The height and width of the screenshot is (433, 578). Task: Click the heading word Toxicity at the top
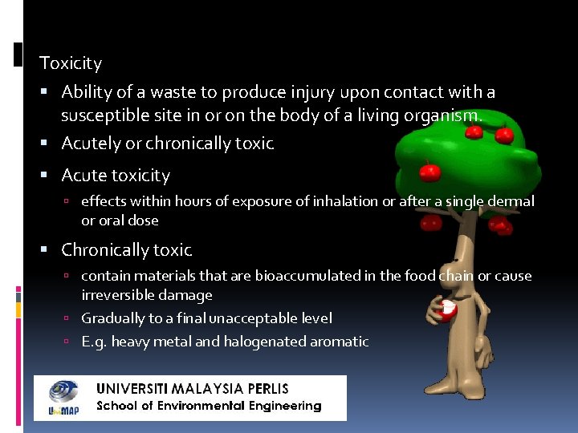[x=71, y=63]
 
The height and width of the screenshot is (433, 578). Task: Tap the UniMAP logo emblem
[x=63, y=397]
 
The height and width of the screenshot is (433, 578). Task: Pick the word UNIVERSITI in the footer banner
[x=131, y=389]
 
